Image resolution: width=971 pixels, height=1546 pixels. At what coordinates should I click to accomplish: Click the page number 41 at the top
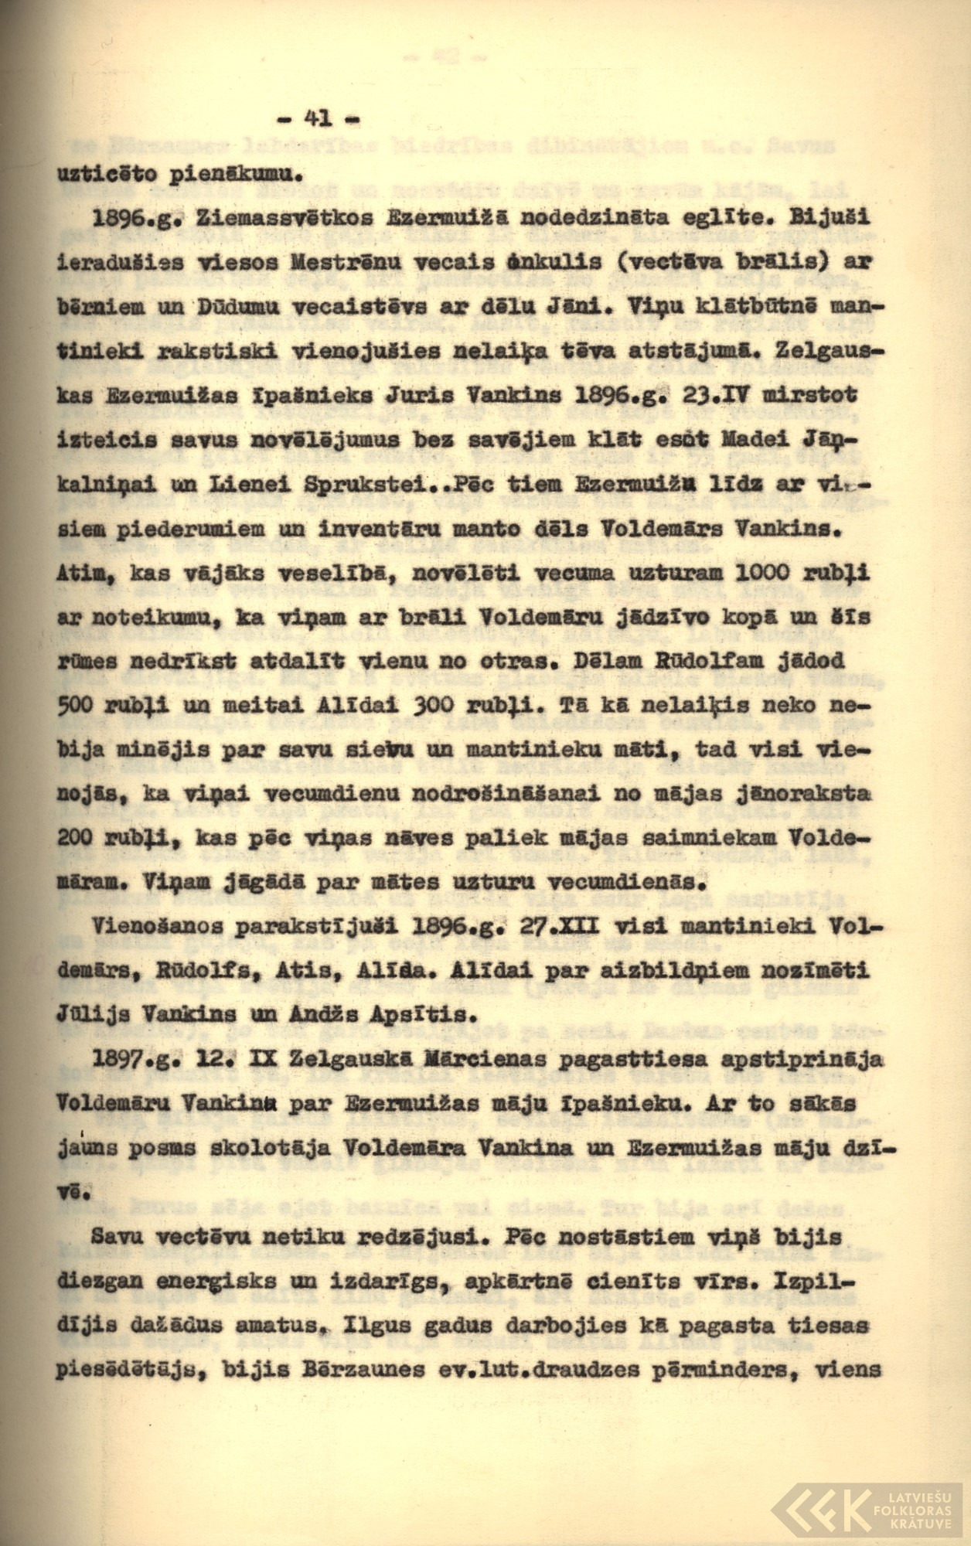(318, 118)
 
